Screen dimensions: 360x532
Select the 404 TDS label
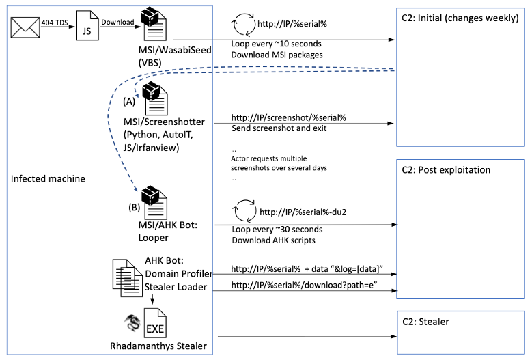coord(55,22)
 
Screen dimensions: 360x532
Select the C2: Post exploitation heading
coord(447,169)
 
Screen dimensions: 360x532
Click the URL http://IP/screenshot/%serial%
coord(289,117)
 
